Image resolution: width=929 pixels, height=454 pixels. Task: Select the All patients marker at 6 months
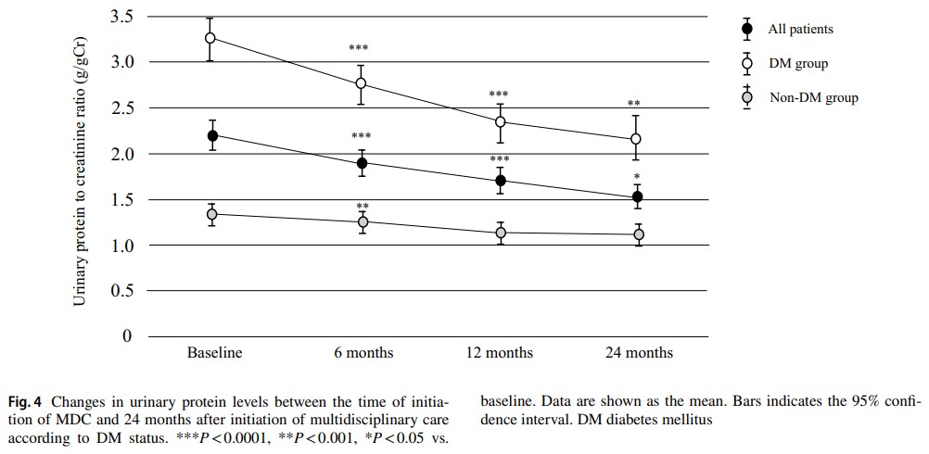click(x=362, y=163)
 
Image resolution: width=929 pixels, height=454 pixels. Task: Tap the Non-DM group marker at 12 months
click(x=501, y=233)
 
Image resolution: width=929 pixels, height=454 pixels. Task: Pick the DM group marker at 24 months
click(x=636, y=139)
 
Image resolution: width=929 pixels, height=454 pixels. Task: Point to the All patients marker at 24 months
click(x=638, y=196)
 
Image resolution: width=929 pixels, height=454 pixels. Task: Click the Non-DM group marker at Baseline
click(x=211, y=214)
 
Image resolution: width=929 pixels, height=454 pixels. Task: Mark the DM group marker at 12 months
click(x=501, y=121)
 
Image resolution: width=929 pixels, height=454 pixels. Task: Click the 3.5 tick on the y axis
click(x=121, y=17)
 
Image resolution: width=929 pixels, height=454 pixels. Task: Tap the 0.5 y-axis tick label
click(x=121, y=291)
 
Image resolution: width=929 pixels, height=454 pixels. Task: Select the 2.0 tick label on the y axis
click(x=121, y=154)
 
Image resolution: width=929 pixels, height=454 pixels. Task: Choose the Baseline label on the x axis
click(x=214, y=353)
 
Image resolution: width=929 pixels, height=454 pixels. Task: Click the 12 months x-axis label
click(x=499, y=353)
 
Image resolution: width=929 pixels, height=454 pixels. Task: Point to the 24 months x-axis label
click(x=639, y=353)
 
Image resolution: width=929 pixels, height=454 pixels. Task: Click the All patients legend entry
click(x=800, y=29)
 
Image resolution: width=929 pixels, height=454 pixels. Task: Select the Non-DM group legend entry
click(x=813, y=97)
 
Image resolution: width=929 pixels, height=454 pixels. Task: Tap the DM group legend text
click(x=797, y=63)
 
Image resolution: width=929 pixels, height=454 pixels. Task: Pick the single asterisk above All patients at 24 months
click(x=637, y=177)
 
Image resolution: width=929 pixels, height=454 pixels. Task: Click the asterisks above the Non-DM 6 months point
click(x=363, y=206)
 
